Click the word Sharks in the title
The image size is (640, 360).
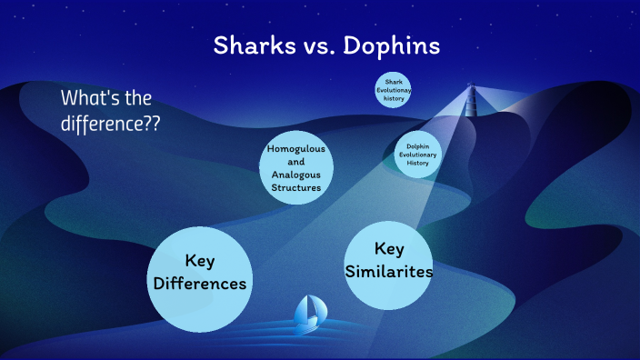pos(250,45)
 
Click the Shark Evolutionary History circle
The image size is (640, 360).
pos(393,90)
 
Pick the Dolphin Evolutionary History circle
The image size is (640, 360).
pos(418,155)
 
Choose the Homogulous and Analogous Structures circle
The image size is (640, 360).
pos(295,167)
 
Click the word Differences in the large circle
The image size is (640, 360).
pos(200,285)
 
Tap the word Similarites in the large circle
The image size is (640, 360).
pos(388,271)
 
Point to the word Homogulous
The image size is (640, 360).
pos(296,148)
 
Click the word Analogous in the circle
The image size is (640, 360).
pos(296,174)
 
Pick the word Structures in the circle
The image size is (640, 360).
pos(296,187)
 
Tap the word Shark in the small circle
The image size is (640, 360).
pos(394,82)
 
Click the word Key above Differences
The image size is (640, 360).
pos(199,261)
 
